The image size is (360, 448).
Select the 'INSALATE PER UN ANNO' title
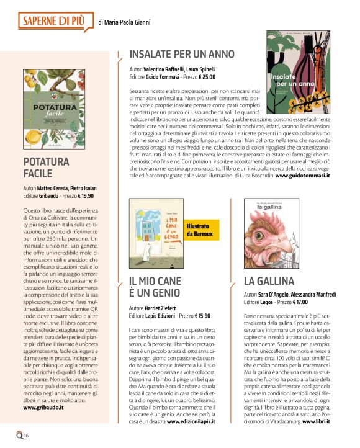pos(181,54)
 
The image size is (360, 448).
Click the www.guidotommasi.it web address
pos(302,176)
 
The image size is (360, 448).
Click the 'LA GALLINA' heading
pos(268,280)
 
